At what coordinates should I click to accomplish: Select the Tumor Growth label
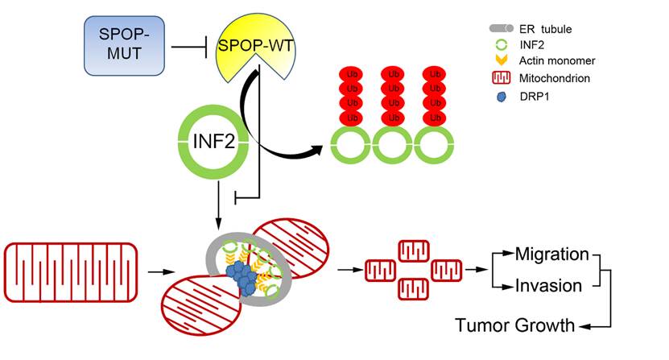[x=515, y=325]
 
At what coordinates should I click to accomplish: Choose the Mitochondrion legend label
[x=555, y=79]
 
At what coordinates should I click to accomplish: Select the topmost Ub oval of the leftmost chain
[x=349, y=73]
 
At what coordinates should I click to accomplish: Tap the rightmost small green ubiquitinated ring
[x=436, y=149]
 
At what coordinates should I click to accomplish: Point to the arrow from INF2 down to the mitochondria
[x=219, y=205]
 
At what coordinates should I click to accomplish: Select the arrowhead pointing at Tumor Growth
[x=586, y=326]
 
